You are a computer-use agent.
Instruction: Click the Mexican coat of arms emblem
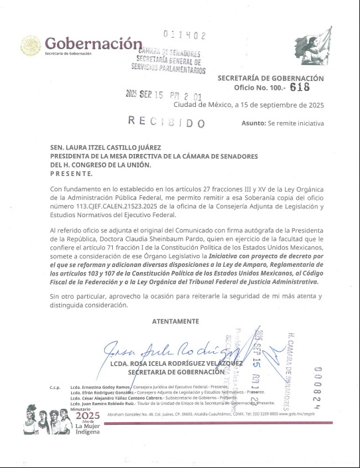click(31, 45)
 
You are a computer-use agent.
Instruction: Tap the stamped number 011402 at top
click(184, 35)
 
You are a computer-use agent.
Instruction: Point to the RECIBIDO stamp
click(167, 121)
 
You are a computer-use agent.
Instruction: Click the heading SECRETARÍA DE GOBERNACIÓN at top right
click(270, 78)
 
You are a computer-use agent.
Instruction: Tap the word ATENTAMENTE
click(175, 321)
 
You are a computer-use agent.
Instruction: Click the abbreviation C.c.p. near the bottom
click(56, 386)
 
